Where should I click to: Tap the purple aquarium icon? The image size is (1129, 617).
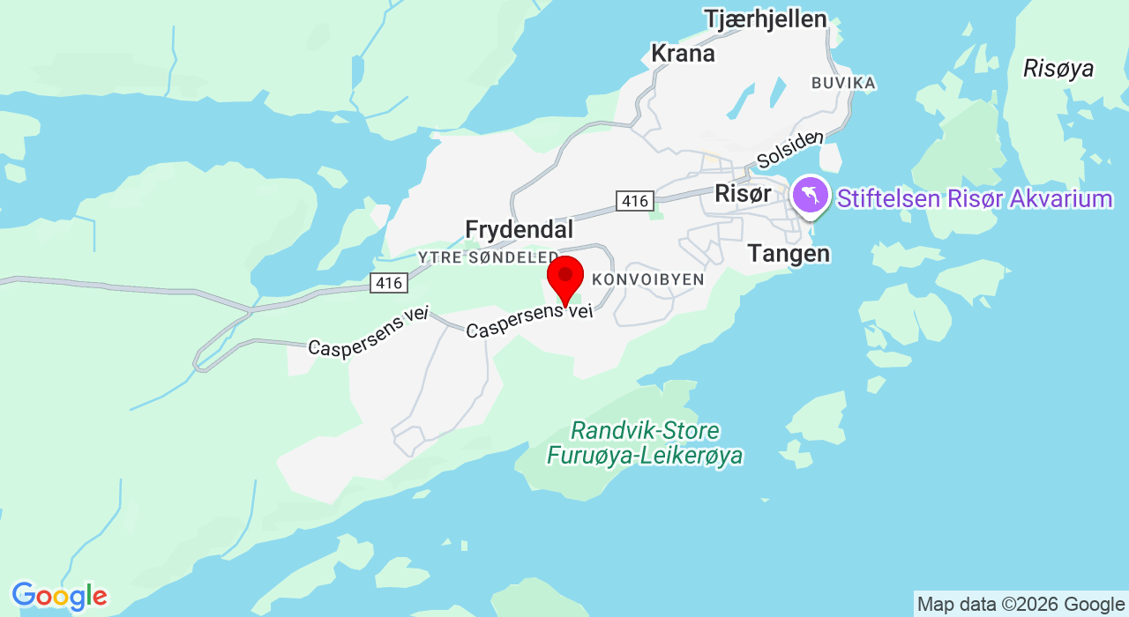[x=810, y=195]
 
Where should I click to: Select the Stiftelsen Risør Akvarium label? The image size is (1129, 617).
[x=975, y=199]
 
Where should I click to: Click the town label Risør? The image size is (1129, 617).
[x=743, y=194]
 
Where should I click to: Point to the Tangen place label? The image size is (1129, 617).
[x=789, y=254]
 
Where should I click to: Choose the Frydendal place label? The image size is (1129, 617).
[x=519, y=230]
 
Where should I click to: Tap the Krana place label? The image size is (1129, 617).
[x=682, y=54]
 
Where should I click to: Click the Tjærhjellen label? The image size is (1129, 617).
[x=766, y=19]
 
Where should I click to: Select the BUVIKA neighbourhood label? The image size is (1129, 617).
[x=843, y=83]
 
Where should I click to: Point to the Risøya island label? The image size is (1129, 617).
[x=1058, y=69]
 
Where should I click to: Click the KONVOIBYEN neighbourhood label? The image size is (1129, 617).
[x=648, y=279]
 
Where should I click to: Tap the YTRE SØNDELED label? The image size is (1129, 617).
[x=488, y=256]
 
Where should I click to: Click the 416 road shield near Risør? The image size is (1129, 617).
[x=635, y=201]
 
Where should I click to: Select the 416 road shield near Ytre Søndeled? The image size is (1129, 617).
[x=388, y=283]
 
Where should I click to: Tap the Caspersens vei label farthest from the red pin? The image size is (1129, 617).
[x=368, y=333]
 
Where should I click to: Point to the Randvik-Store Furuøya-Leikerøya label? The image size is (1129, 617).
[x=645, y=443]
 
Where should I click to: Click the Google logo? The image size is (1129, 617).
[x=59, y=597]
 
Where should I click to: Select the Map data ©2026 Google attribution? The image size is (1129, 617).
[x=1021, y=605]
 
